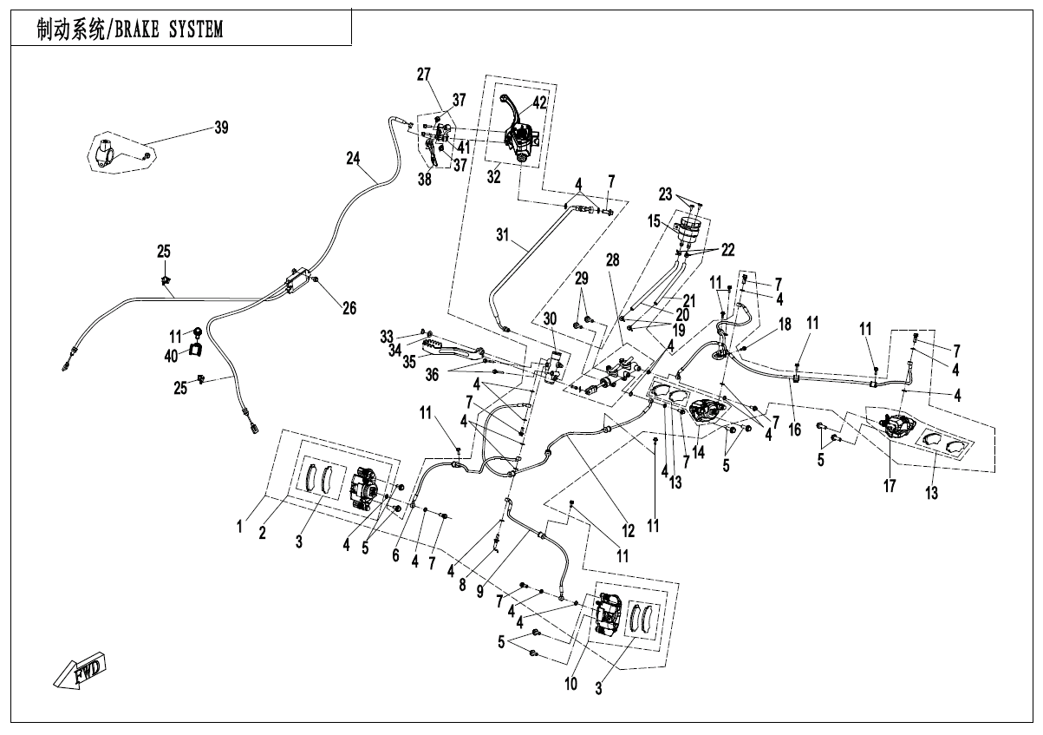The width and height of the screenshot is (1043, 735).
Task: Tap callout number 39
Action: (221, 128)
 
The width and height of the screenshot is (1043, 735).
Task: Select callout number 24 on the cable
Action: (353, 159)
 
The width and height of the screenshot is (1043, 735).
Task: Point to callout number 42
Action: (539, 102)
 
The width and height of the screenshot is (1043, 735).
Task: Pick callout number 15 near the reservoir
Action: (655, 222)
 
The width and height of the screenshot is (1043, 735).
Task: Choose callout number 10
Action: (570, 684)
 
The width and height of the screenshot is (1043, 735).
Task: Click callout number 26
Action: (349, 308)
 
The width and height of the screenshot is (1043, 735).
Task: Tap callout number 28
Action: (613, 260)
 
